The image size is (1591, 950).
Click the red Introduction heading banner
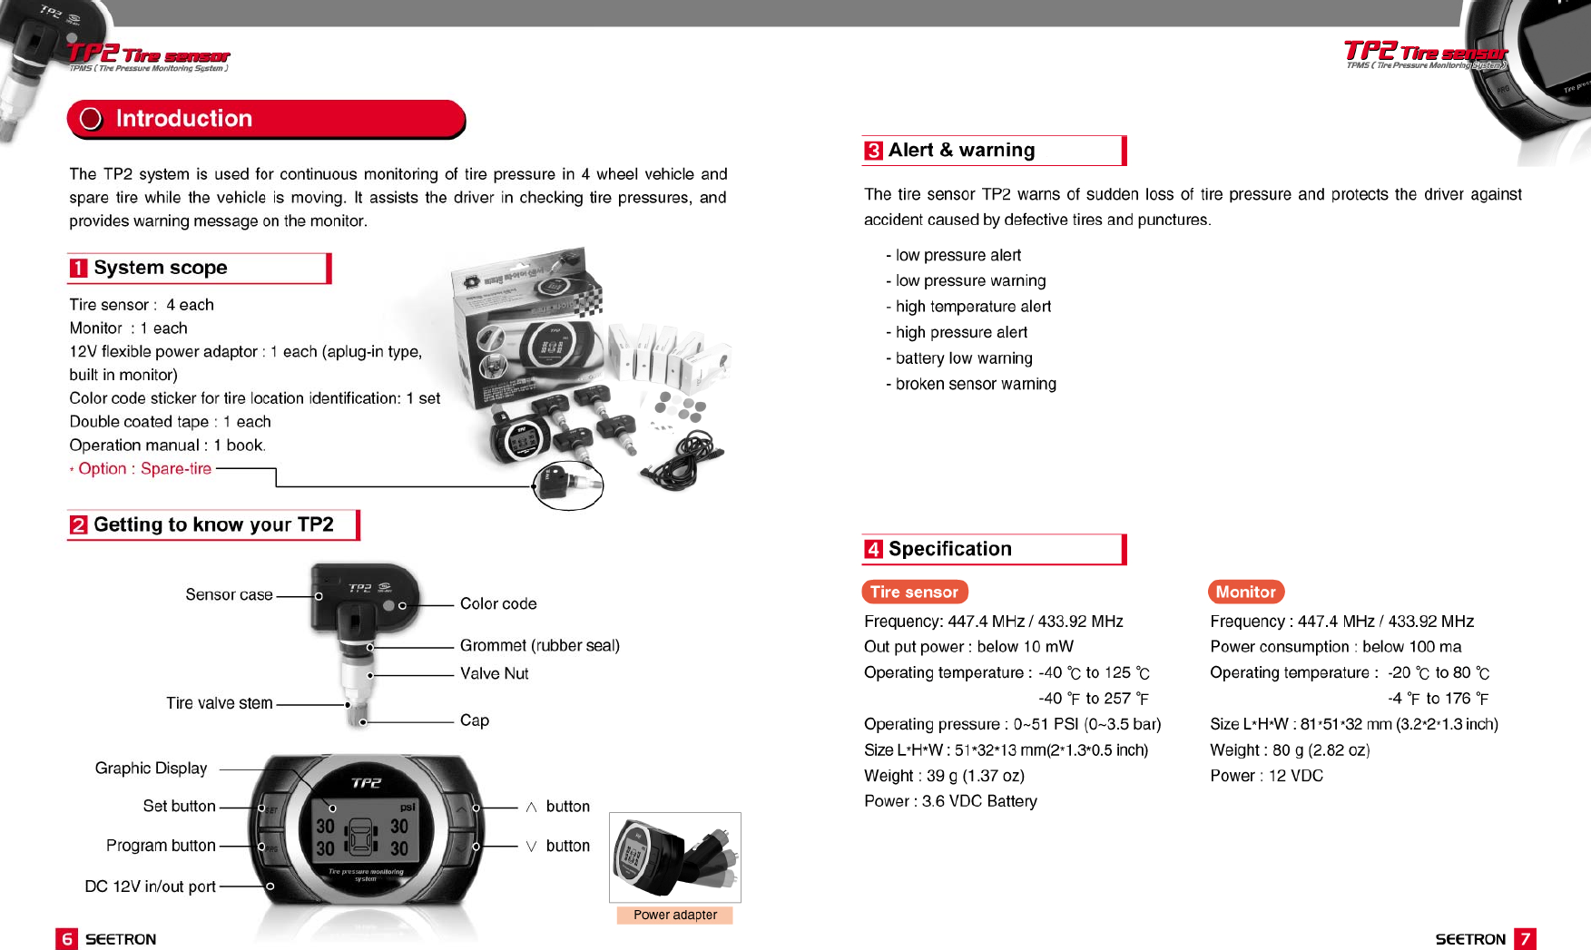[266, 119]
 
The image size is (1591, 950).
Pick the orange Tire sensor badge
[914, 593]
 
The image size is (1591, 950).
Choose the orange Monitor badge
[1245, 593]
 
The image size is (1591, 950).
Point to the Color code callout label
[498, 604]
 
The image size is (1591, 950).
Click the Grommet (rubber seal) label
[539, 646]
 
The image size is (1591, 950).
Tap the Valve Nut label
[494, 674]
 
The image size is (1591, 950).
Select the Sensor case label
[229, 595]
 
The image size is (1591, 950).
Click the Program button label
[161, 846]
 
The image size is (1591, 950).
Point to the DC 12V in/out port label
[150, 886]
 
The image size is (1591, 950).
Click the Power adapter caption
[674, 916]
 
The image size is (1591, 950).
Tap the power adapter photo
[674, 857]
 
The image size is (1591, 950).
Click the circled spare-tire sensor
[568, 485]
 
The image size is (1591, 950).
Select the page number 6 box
[66, 939]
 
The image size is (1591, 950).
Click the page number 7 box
[1525, 939]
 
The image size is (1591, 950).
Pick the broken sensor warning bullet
[975, 385]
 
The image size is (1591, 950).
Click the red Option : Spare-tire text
[144, 469]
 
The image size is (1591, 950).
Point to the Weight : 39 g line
[944, 776]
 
